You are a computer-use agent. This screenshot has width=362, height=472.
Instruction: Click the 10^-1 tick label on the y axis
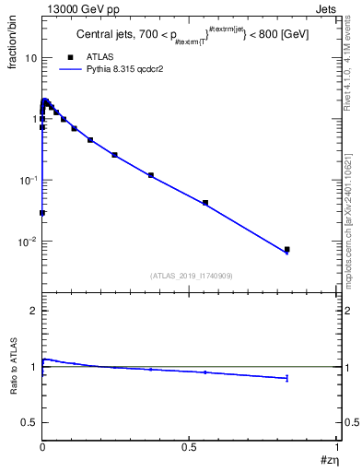[29, 181]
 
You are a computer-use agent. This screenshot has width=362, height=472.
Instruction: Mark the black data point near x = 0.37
[151, 175]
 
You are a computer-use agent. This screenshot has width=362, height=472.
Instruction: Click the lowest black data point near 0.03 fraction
[42, 213]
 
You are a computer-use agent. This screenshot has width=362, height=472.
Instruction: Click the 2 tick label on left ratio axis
[32, 312]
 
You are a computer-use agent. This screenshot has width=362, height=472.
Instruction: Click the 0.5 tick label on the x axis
[189, 448]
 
